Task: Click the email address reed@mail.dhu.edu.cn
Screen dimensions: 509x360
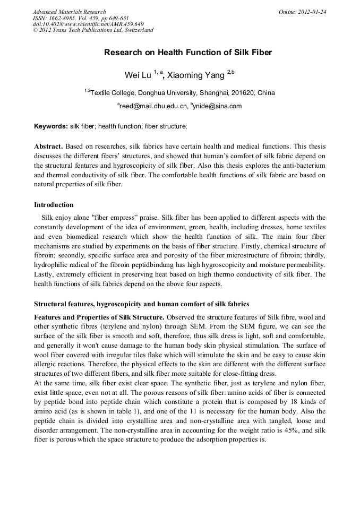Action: tap(153, 106)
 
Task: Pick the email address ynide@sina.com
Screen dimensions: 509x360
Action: tap(218, 106)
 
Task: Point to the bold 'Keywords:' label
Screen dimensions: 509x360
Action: tap(51, 126)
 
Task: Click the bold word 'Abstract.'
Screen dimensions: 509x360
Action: tap(48, 146)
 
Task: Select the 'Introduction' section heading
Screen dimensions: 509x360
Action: tap(54, 205)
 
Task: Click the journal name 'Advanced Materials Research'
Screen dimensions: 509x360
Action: tap(70, 12)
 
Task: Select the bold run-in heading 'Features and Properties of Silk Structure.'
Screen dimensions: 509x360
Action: tap(99, 317)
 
